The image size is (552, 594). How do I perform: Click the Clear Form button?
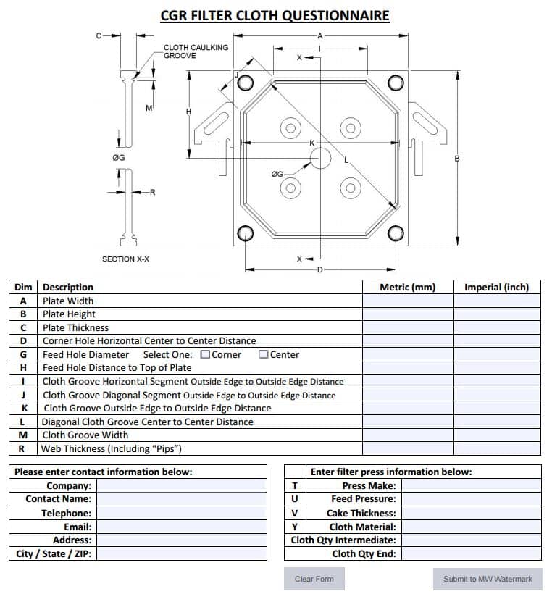[314, 579]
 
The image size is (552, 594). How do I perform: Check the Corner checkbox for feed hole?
[205, 354]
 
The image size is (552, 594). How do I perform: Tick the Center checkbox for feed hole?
[264, 354]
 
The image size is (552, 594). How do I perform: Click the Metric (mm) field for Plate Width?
[407, 301]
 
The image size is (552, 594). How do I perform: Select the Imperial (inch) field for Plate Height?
[497, 314]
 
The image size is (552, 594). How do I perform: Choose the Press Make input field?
[471, 485]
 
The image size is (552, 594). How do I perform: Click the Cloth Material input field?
[471, 527]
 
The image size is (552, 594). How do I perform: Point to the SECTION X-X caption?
[125, 259]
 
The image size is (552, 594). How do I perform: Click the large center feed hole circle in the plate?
[320, 159]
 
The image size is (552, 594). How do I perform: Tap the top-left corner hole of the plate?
[244, 80]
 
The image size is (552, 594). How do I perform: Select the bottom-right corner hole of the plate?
[396, 233]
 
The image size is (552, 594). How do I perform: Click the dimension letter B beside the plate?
[457, 159]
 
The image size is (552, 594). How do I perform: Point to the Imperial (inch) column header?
[497, 287]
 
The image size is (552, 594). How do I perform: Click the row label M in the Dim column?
[23, 435]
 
